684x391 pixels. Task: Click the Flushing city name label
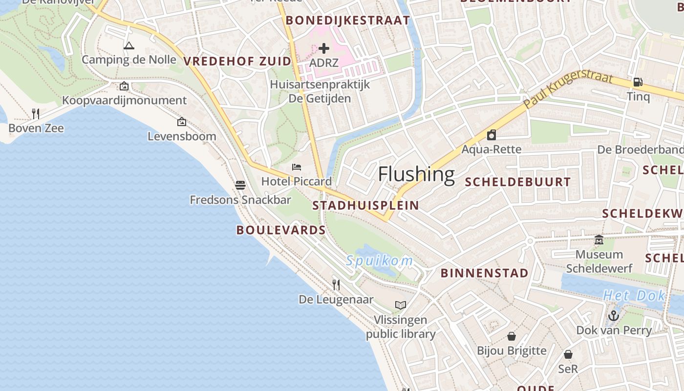pyautogui.click(x=416, y=174)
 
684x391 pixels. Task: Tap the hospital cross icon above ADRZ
pyautogui.click(x=324, y=48)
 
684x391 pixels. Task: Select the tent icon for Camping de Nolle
pyautogui.click(x=129, y=46)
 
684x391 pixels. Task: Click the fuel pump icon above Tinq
pyautogui.click(x=638, y=82)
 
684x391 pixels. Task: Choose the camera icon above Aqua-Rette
pyautogui.click(x=492, y=135)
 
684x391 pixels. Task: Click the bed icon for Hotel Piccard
pyautogui.click(x=297, y=167)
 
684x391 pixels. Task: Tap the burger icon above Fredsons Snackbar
pyautogui.click(x=240, y=185)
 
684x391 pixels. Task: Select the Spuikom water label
pyautogui.click(x=380, y=261)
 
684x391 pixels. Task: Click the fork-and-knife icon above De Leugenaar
pyautogui.click(x=336, y=285)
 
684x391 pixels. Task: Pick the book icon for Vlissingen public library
pyautogui.click(x=401, y=305)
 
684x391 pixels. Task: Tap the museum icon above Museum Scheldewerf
pyautogui.click(x=599, y=240)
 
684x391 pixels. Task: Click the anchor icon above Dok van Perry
pyautogui.click(x=614, y=316)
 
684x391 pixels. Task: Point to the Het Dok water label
pyautogui.click(x=634, y=295)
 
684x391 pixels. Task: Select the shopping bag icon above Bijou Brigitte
pyautogui.click(x=512, y=336)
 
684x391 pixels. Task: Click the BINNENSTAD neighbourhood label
pyautogui.click(x=485, y=273)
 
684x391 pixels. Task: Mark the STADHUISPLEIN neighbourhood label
pyautogui.click(x=365, y=205)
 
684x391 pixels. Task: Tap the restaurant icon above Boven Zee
pyautogui.click(x=36, y=114)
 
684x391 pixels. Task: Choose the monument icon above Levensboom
pyautogui.click(x=182, y=122)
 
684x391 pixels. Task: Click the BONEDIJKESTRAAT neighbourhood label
pyautogui.click(x=348, y=21)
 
